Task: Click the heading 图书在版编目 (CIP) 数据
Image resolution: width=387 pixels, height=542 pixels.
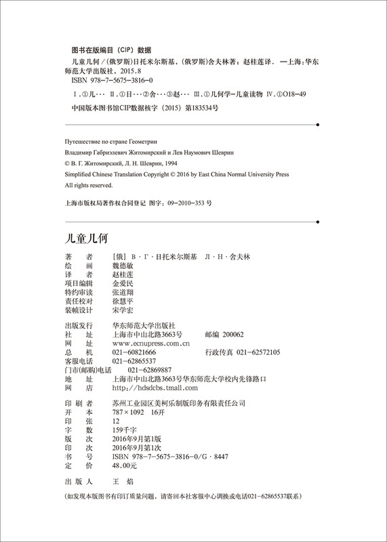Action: tap(111, 49)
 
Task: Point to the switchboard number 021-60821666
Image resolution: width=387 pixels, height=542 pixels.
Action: tap(134, 353)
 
